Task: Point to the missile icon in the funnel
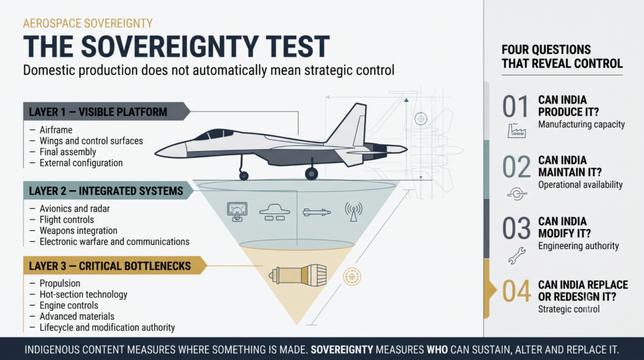pos(316,212)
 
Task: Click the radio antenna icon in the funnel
pos(353,211)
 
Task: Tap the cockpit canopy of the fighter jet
pos(214,135)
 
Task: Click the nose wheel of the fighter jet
pos(244,176)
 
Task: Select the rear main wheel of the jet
pos(311,174)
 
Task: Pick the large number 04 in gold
pos(516,291)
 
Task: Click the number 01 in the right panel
pos(516,106)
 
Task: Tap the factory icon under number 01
pos(516,130)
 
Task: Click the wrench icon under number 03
pos(517,255)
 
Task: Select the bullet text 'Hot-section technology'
pos(84,295)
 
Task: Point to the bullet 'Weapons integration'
pos(79,230)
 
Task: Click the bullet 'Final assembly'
pos(68,152)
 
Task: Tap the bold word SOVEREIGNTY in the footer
pos(341,350)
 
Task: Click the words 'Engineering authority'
pos(579,245)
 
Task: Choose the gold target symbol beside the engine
pos(352,276)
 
